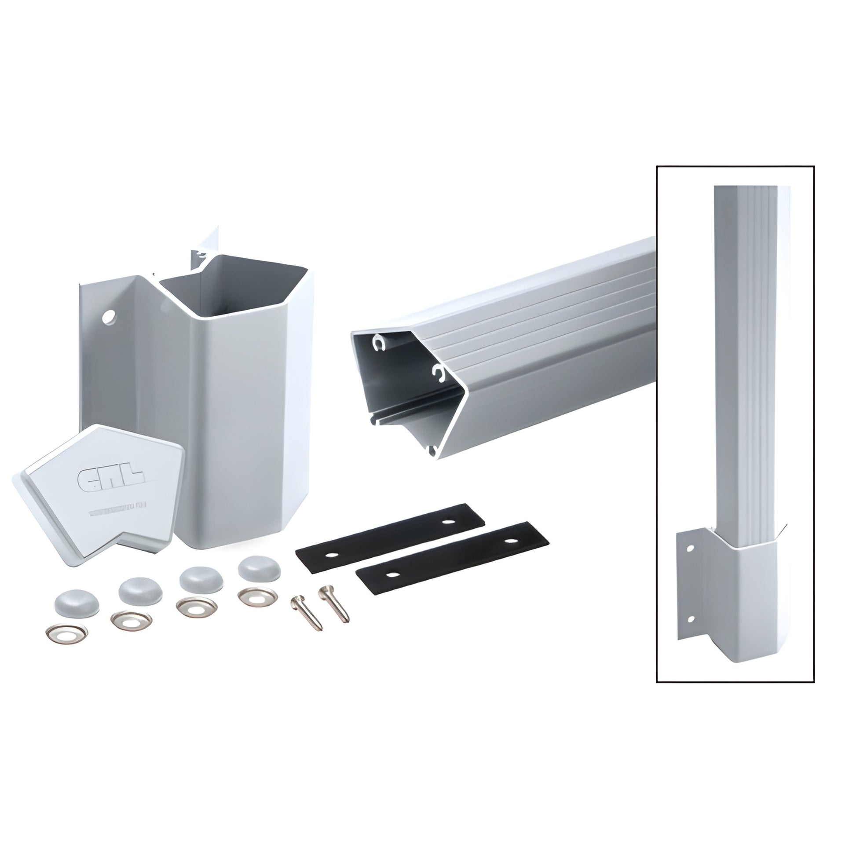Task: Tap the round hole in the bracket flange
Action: coord(108,317)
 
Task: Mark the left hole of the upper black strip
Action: coord(330,556)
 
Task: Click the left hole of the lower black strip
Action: coord(391,574)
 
